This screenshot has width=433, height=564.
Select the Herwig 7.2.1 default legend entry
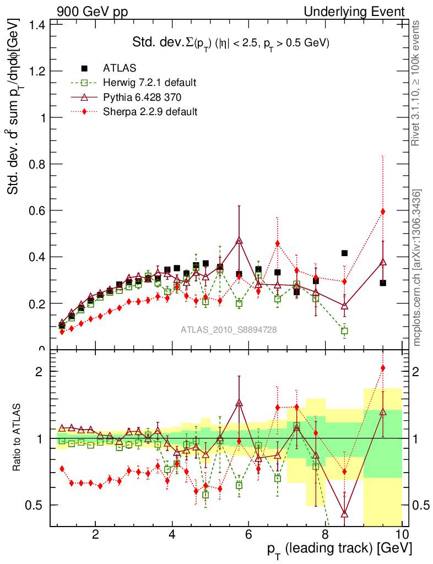pyautogui.click(x=149, y=83)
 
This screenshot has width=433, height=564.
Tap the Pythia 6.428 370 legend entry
pyautogui.click(x=145, y=97)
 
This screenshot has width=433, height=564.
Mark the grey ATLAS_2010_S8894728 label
pyautogui.click(x=229, y=330)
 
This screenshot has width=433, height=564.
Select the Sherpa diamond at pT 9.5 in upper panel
pyautogui.click(x=383, y=211)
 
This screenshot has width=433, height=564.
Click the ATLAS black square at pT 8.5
pyautogui.click(x=344, y=253)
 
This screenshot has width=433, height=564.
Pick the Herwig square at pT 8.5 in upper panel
pyautogui.click(x=344, y=331)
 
